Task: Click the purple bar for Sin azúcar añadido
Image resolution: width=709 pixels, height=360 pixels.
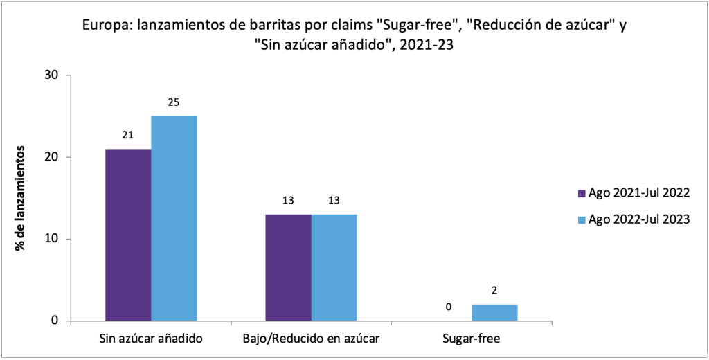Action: tap(128, 235)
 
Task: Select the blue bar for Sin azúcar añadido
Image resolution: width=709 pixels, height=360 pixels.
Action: tap(174, 218)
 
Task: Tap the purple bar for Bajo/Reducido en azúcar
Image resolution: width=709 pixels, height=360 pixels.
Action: tap(288, 267)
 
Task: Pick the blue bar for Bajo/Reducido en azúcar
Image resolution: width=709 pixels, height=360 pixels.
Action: tap(334, 267)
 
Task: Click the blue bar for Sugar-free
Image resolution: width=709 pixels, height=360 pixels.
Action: tap(494, 312)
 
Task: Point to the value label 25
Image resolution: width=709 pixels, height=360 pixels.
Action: tap(174, 102)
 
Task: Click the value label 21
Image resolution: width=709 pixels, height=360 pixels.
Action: tap(127, 135)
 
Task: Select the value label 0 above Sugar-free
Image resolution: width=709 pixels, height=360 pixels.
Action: tap(449, 307)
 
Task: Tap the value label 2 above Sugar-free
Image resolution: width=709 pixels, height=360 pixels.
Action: tap(494, 290)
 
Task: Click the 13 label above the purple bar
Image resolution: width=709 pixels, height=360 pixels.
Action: tap(288, 201)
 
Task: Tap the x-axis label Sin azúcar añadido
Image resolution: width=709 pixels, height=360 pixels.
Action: tap(151, 339)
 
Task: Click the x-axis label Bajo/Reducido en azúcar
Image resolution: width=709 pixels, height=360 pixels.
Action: tap(311, 339)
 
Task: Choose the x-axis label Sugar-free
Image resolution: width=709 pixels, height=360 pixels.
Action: tap(471, 339)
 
